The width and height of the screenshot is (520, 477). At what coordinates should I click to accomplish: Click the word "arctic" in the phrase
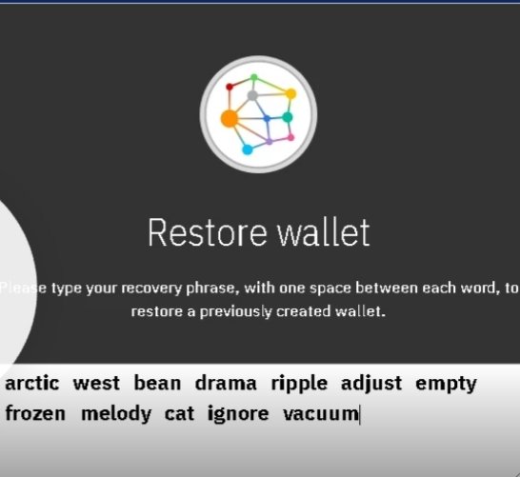32,383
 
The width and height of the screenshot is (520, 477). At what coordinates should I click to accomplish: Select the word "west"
96,384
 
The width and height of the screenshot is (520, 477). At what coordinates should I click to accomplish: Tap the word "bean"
157,383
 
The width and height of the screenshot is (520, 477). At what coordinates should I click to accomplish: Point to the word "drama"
226,383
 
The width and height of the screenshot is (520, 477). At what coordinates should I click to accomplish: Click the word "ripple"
299,385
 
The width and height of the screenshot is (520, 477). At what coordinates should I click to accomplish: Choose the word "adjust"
371,385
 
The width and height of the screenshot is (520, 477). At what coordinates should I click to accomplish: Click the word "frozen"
35,414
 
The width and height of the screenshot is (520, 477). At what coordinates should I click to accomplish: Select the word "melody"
116,415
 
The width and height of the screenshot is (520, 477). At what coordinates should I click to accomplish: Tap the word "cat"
179,414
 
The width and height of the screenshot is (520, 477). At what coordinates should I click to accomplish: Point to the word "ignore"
238,415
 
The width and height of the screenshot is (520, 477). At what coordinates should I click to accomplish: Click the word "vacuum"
321,415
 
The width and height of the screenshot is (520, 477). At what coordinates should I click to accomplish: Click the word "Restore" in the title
207,232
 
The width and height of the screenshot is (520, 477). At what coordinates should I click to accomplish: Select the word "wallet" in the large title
324,232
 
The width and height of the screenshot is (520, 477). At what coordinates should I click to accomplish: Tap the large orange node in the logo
230,119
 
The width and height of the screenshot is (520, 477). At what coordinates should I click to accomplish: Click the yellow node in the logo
290,94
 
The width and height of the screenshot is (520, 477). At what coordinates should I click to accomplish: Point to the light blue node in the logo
248,149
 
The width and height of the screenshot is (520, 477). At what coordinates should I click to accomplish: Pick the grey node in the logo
252,95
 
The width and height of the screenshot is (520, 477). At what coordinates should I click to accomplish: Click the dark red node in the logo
230,87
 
